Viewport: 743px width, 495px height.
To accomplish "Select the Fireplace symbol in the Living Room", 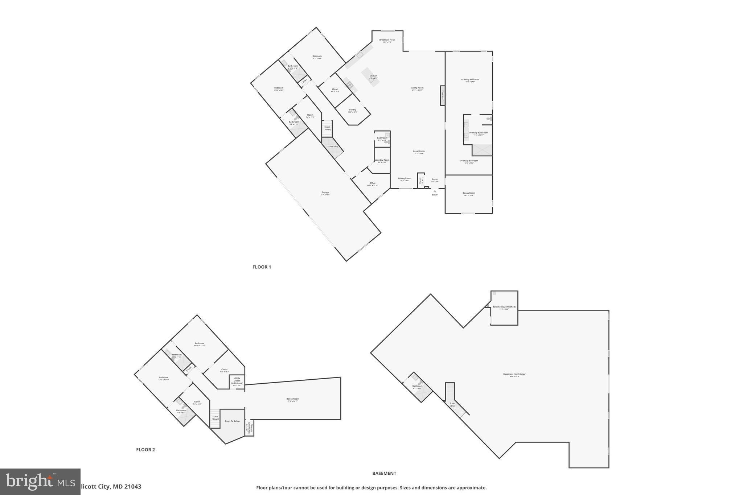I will tap(443, 95).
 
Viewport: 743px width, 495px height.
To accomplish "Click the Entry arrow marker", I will tap(435, 191).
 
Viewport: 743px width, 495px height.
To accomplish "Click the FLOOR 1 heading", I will tap(262, 267).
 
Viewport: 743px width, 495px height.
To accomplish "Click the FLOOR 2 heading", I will tap(145, 450).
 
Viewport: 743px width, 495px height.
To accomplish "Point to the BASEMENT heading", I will tap(384, 473).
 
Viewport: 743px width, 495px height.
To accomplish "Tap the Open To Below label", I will tap(232, 421).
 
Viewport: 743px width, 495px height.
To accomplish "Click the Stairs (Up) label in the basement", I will tap(452, 404).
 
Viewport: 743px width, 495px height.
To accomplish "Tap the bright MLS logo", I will tap(40, 482).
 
